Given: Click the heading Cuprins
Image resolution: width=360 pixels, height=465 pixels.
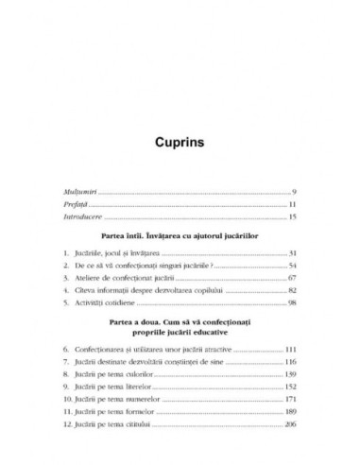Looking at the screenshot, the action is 180,146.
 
